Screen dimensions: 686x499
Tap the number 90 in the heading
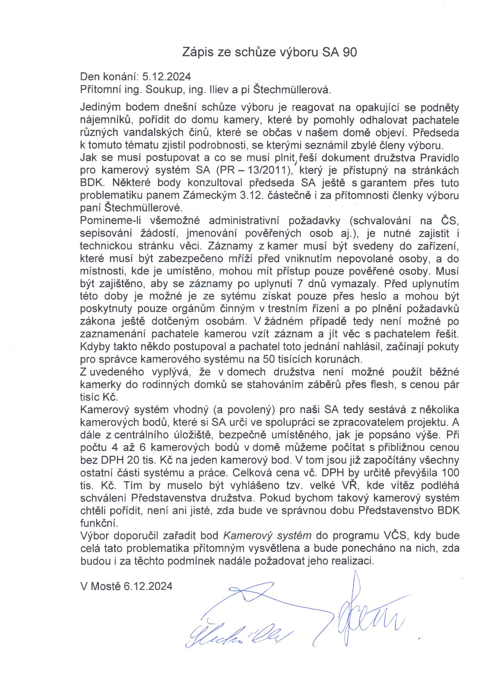point(350,52)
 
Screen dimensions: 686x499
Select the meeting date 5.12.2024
point(167,77)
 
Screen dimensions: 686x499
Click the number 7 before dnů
point(300,284)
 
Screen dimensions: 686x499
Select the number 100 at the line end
point(451,473)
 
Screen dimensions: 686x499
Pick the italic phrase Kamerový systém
point(267,536)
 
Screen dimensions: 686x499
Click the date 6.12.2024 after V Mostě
point(148,586)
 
